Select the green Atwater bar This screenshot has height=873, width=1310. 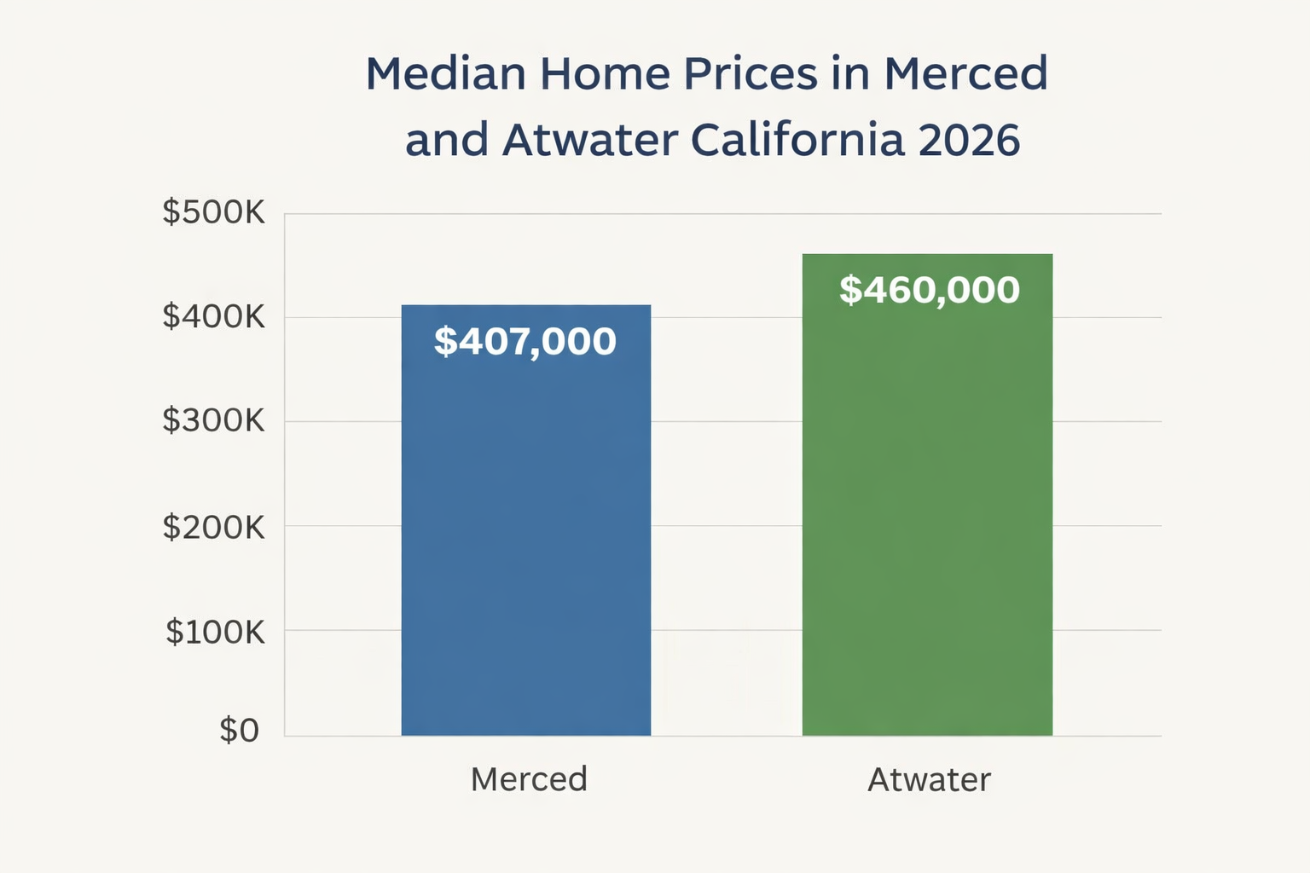(x=927, y=512)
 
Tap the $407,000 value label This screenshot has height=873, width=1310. (x=525, y=341)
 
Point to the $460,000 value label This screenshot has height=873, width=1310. (x=929, y=290)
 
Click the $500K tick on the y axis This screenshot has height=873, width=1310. (x=214, y=211)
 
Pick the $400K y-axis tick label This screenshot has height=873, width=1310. (x=214, y=317)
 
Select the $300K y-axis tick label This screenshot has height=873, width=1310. (x=214, y=420)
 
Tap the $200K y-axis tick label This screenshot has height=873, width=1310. (x=214, y=528)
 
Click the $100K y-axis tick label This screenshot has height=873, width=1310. (x=215, y=632)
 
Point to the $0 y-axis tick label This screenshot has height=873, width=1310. (x=239, y=731)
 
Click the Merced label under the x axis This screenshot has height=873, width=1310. (x=529, y=779)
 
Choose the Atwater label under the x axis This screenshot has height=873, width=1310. (x=929, y=779)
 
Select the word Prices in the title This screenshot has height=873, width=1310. (x=751, y=74)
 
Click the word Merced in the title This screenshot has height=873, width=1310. (x=965, y=74)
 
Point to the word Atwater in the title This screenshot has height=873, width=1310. (x=590, y=140)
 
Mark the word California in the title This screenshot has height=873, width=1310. (x=797, y=140)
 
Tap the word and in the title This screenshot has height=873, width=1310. (x=447, y=140)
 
